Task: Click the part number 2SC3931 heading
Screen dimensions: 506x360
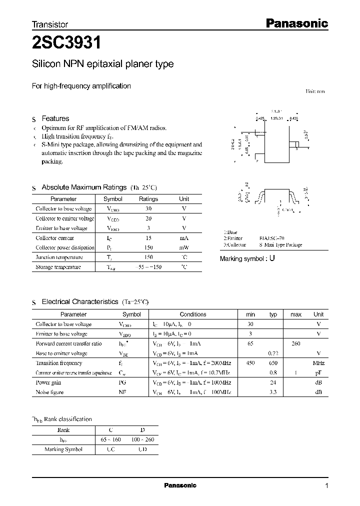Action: [x=67, y=43]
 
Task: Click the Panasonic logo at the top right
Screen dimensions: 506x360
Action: [x=295, y=23]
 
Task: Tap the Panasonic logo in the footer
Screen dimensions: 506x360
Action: [x=180, y=485]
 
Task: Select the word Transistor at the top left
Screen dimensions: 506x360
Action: [x=50, y=24]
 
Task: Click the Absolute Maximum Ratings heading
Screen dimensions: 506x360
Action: [x=84, y=187]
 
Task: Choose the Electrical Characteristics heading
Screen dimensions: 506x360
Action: [x=80, y=302]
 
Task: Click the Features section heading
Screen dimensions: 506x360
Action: [x=55, y=118]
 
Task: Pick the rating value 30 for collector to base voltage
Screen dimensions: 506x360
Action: [x=148, y=209]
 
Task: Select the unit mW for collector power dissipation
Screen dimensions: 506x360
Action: [x=184, y=247]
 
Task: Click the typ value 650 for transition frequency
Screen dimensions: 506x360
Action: [x=273, y=363]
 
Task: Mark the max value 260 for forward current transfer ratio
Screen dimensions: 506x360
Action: [x=296, y=343]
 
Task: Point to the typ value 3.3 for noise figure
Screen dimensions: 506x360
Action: [x=273, y=392]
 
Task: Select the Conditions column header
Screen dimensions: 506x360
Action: [x=193, y=314]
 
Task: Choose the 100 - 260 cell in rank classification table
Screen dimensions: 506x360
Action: [x=142, y=439]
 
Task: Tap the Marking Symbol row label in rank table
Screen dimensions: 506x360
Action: [x=63, y=449]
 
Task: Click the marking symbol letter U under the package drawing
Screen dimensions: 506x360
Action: [x=272, y=259]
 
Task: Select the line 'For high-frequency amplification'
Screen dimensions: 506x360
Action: [x=81, y=86]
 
